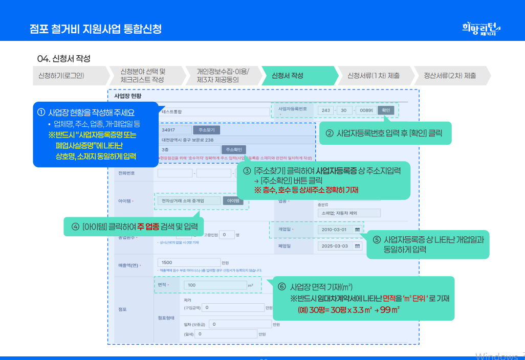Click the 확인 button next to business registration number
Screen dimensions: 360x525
pyautogui.click(x=385, y=110)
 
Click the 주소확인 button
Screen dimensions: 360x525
pyautogui.click(x=234, y=149)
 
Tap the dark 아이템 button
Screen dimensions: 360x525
pyautogui.click(x=233, y=201)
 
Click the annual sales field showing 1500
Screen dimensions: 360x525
pyautogui.click(x=189, y=262)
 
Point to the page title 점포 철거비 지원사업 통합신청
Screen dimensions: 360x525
pyautogui.click(x=96, y=29)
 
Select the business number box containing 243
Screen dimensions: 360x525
pyautogui.click(x=325, y=110)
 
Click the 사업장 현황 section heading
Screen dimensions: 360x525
pyautogui.click(x=128, y=96)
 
